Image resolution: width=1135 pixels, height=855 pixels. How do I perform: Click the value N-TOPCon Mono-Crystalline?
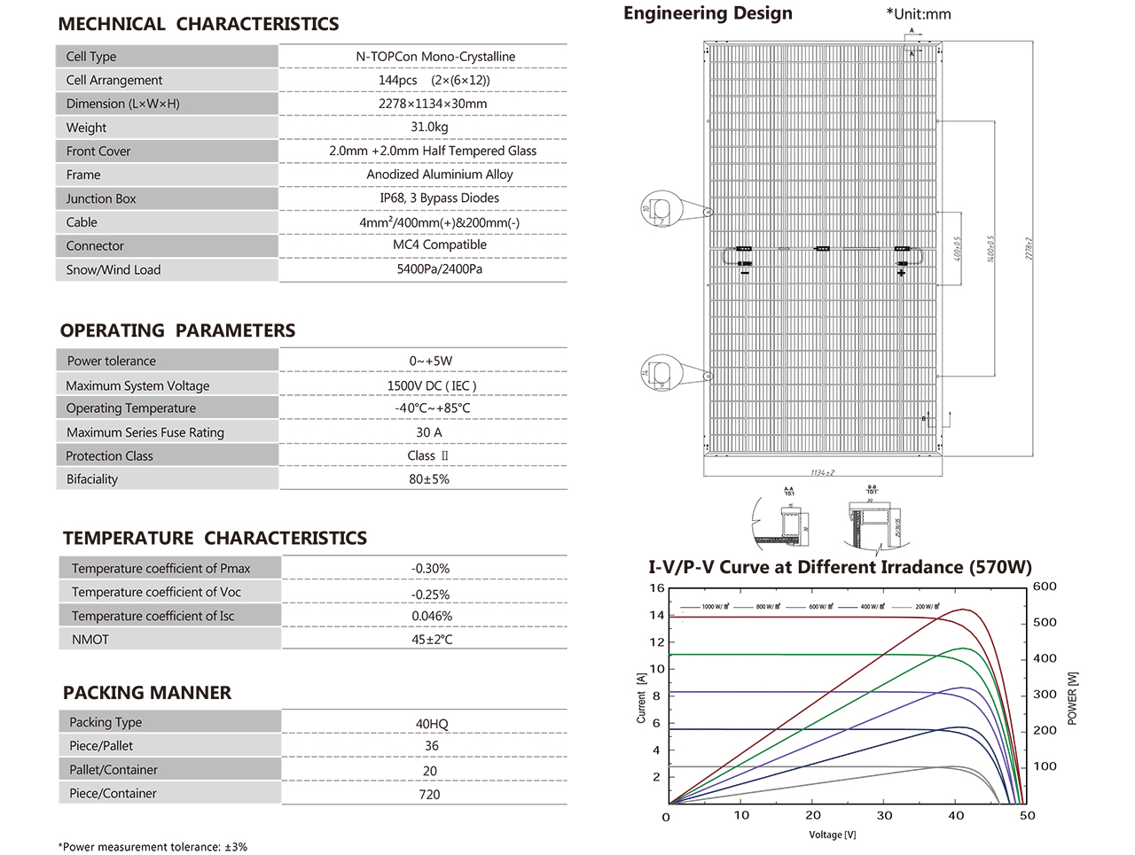pyautogui.click(x=435, y=57)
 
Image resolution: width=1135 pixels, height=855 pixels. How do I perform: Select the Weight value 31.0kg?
pyautogui.click(x=429, y=127)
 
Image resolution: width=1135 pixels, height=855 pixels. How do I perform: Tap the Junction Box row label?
pyautogui.click(x=101, y=199)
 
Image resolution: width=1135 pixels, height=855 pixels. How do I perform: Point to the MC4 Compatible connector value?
pyautogui.click(x=440, y=245)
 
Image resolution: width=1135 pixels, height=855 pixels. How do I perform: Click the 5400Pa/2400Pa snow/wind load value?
pyautogui.click(x=440, y=269)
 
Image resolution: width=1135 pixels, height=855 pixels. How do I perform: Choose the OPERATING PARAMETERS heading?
pyautogui.click(x=177, y=330)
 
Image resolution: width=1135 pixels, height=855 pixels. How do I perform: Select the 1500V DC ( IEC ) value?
pyautogui.click(x=432, y=385)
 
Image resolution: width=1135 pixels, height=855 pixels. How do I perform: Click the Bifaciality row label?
pyautogui.click(x=92, y=479)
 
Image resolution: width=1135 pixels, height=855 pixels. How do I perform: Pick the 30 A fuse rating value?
pyautogui.click(x=429, y=432)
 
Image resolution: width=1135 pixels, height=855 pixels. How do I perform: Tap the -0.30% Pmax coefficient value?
pyautogui.click(x=430, y=569)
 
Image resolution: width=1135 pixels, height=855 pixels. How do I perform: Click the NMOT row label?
pyautogui.click(x=90, y=640)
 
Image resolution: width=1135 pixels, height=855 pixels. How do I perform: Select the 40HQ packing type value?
pyautogui.click(x=432, y=724)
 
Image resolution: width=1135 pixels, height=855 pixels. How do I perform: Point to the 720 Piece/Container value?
pyautogui.click(x=429, y=795)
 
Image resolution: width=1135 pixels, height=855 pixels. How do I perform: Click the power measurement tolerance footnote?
pyautogui.click(x=153, y=847)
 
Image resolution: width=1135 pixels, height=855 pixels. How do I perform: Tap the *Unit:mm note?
pyautogui.click(x=919, y=14)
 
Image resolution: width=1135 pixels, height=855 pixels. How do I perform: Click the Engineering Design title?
pyautogui.click(x=708, y=13)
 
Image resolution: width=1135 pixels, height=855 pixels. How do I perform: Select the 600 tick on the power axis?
pyautogui.click(x=1045, y=587)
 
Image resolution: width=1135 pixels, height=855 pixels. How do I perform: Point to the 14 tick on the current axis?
pyautogui.click(x=656, y=615)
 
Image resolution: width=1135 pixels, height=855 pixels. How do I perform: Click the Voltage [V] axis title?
pyautogui.click(x=833, y=835)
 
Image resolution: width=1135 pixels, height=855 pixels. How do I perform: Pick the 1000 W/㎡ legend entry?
pyautogui.click(x=714, y=607)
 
